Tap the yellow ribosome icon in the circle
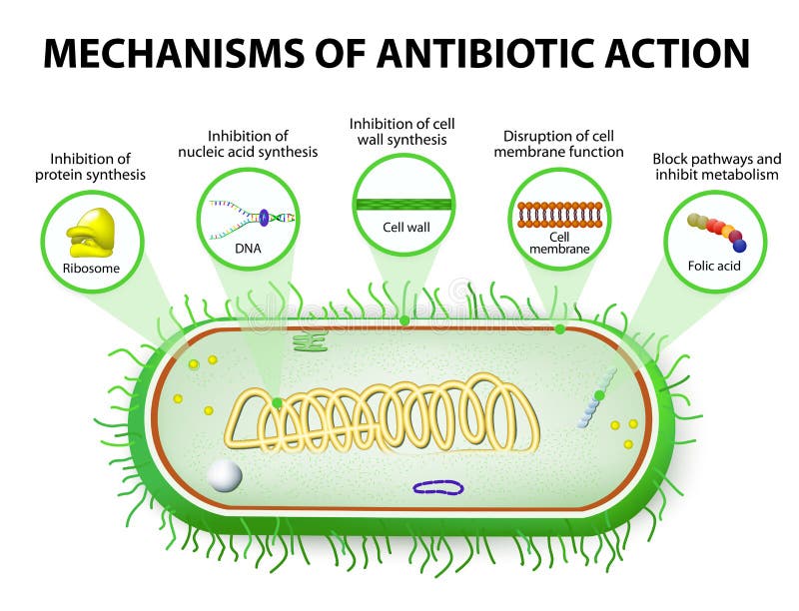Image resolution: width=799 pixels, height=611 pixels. pyautogui.click(x=91, y=233)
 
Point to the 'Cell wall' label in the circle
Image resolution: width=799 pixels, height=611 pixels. pyautogui.click(x=405, y=227)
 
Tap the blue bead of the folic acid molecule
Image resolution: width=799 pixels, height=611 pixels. pyautogui.click(x=739, y=246)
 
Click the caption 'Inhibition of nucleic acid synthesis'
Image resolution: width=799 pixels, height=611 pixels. pyautogui.click(x=248, y=144)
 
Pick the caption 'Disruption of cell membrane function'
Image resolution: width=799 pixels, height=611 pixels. pyautogui.click(x=558, y=144)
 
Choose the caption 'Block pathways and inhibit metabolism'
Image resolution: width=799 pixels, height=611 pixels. pyautogui.click(x=714, y=167)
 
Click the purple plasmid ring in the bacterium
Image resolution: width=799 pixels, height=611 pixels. pyautogui.click(x=438, y=487)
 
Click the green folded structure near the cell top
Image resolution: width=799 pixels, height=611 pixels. pyautogui.click(x=310, y=341)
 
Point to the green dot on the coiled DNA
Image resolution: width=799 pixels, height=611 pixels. pyautogui.click(x=277, y=402)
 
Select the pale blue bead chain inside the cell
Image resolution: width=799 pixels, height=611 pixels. pyautogui.click(x=594, y=399)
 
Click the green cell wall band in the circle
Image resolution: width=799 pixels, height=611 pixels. pyautogui.click(x=403, y=205)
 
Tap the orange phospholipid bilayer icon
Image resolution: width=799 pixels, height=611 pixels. pyautogui.click(x=559, y=214)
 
